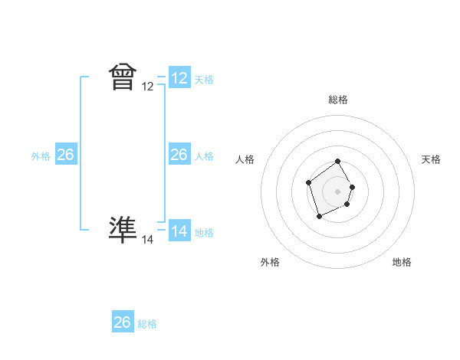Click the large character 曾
123,77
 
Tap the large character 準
123,229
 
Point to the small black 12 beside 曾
148,87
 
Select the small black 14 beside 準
148,240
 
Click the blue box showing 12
179,78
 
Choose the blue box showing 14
179,231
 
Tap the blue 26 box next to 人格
179,155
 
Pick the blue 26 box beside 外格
66,155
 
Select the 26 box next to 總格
123,322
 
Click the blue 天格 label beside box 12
204,80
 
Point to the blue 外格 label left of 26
41,156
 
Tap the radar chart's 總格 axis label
338,100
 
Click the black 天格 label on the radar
431,159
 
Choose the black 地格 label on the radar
402,262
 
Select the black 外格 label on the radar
270,262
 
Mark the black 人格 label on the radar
245,159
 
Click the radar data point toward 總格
338,162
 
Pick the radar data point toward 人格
308,182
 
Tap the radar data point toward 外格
319,218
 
